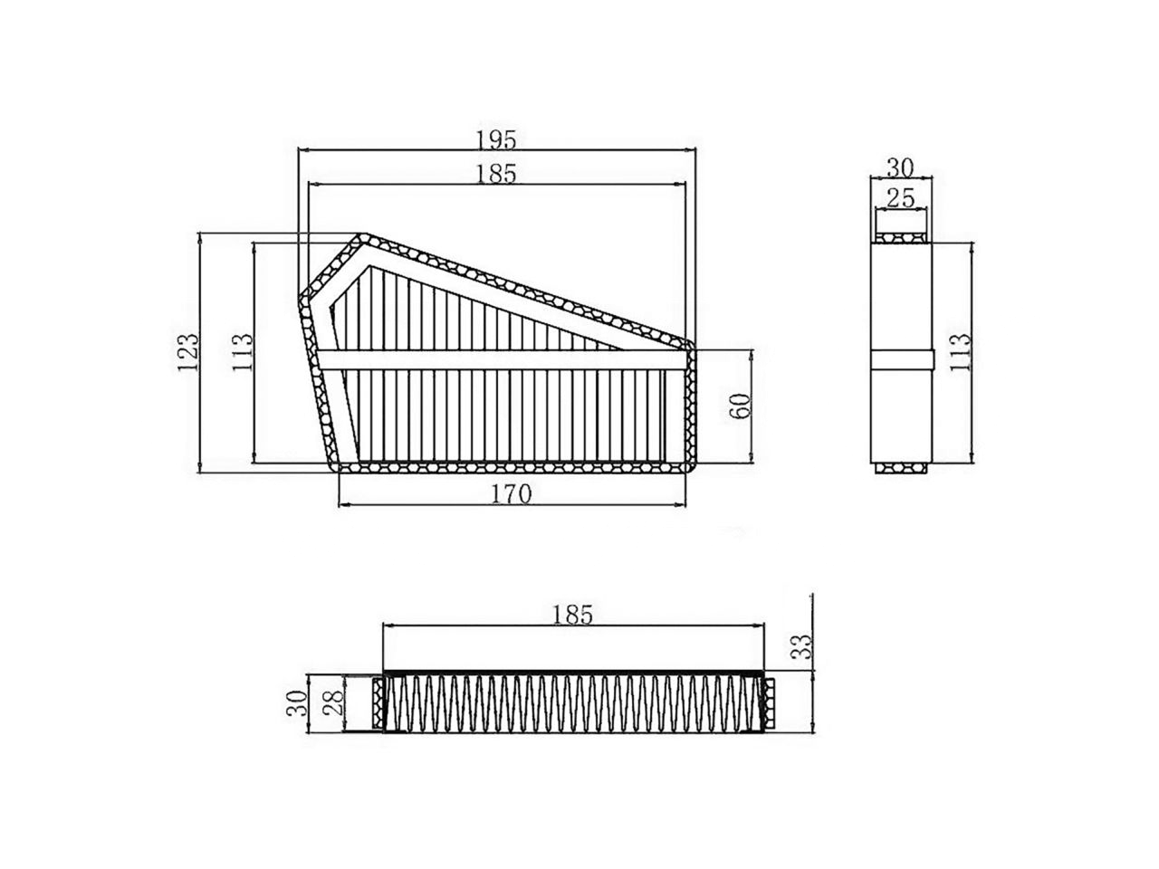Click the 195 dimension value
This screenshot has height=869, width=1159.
496,139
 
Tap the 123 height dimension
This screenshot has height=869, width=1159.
187,352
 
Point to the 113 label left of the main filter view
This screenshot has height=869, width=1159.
242,352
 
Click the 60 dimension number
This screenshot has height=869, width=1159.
741,406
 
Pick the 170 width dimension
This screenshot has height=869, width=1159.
512,494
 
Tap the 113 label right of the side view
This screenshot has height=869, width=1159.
961,352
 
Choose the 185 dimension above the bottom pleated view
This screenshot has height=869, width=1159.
572,615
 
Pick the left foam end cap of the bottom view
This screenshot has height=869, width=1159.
378,703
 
